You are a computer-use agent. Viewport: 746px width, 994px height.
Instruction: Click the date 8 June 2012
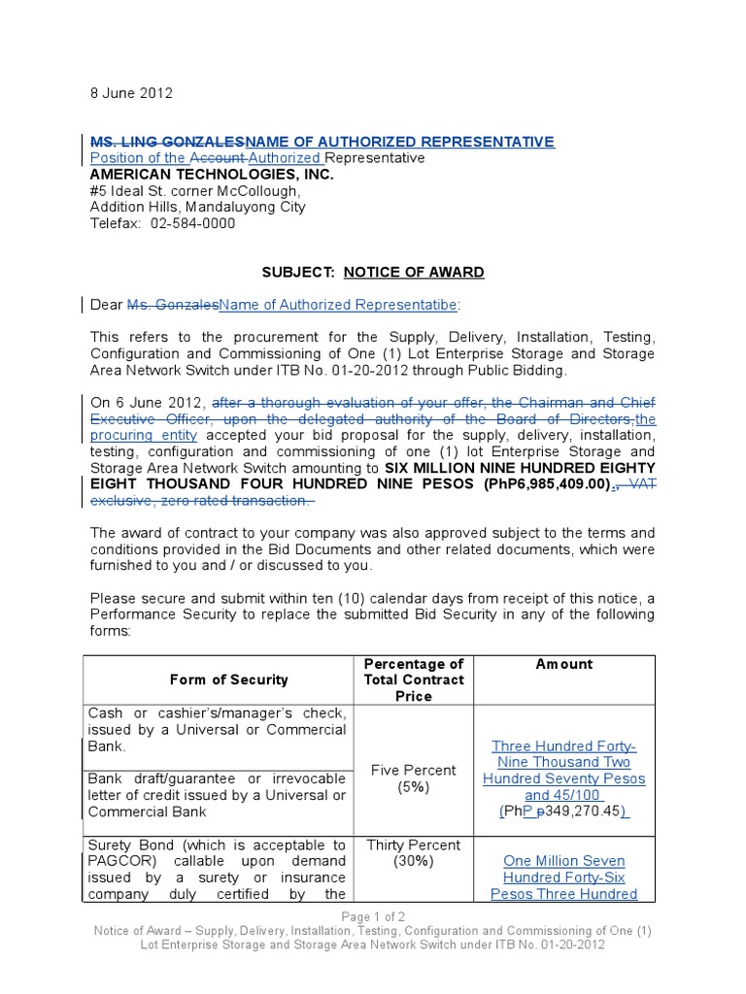click(131, 93)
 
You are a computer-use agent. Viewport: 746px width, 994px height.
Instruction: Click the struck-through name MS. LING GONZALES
click(168, 142)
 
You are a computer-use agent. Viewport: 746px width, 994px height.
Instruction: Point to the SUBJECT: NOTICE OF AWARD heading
click(372, 272)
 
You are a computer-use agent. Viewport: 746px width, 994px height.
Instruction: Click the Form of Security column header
click(229, 679)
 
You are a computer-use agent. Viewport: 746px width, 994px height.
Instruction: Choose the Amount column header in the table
click(563, 664)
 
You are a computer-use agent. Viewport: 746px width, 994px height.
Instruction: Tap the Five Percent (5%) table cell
click(413, 779)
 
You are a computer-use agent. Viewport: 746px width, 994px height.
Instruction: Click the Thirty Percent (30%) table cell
click(413, 853)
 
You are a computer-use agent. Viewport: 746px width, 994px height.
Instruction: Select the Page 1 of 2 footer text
click(372, 917)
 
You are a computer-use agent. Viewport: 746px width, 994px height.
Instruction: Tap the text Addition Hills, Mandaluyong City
click(197, 207)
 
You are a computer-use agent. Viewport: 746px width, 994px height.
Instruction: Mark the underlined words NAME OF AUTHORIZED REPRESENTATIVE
click(401, 142)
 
